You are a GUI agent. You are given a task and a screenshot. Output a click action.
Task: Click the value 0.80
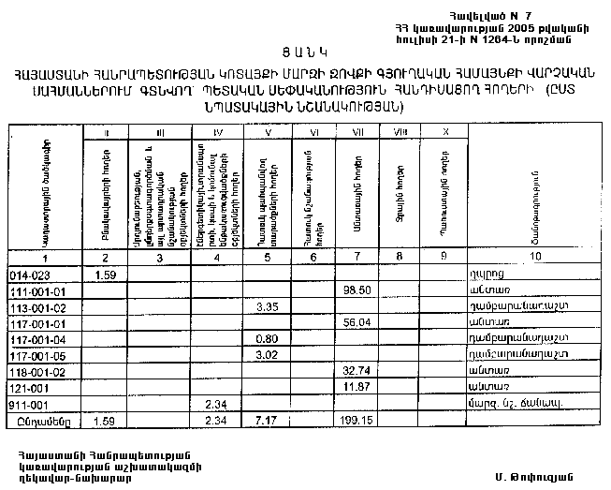click(269, 337)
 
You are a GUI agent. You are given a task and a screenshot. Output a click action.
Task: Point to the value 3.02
click(269, 354)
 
